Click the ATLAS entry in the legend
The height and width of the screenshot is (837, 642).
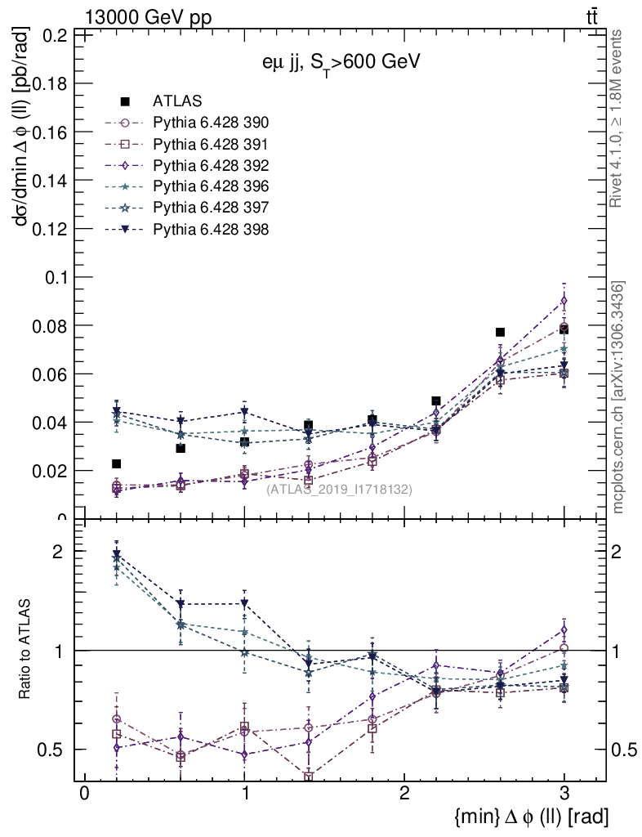point(177,101)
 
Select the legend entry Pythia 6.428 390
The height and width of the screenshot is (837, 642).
point(211,123)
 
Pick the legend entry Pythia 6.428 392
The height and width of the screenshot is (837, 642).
point(211,166)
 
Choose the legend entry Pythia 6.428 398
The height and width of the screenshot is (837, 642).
point(211,230)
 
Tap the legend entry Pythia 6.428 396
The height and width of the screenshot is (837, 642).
point(211,187)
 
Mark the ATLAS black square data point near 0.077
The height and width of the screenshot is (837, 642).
point(500,332)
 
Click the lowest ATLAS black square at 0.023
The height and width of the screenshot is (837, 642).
point(117,463)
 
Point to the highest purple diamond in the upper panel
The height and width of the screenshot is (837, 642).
point(564,301)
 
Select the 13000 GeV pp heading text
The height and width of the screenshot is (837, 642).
point(148,17)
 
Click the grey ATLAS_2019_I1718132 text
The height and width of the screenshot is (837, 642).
point(339,489)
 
